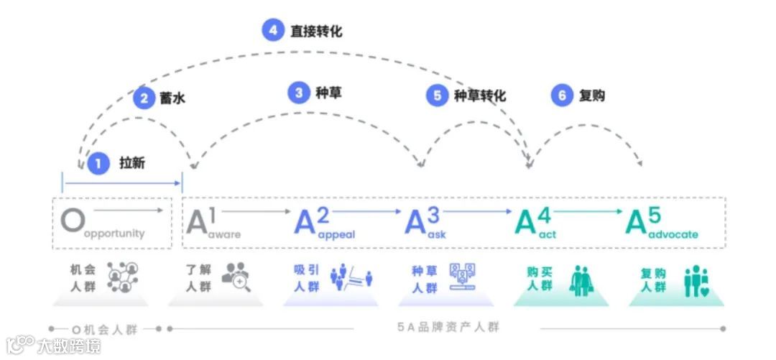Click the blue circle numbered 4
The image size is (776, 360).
[273, 31]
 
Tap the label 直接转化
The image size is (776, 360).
[316, 31]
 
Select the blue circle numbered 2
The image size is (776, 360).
[144, 98]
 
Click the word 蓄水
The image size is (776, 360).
[172, 98]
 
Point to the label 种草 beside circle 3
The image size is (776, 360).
[328, 93]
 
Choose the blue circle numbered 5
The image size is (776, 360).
[437, 96]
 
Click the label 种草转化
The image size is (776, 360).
[479, 96]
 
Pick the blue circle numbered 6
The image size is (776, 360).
[563, 95]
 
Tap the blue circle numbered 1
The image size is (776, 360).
[98, 163]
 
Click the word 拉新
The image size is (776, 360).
[132, 163]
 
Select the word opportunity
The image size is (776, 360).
[115, 234]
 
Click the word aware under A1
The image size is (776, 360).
[224, 234]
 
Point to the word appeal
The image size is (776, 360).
[336, 234]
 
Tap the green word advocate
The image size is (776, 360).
[673, 234]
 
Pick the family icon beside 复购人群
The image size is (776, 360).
[696, 280]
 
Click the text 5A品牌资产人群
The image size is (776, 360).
[448, 328]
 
